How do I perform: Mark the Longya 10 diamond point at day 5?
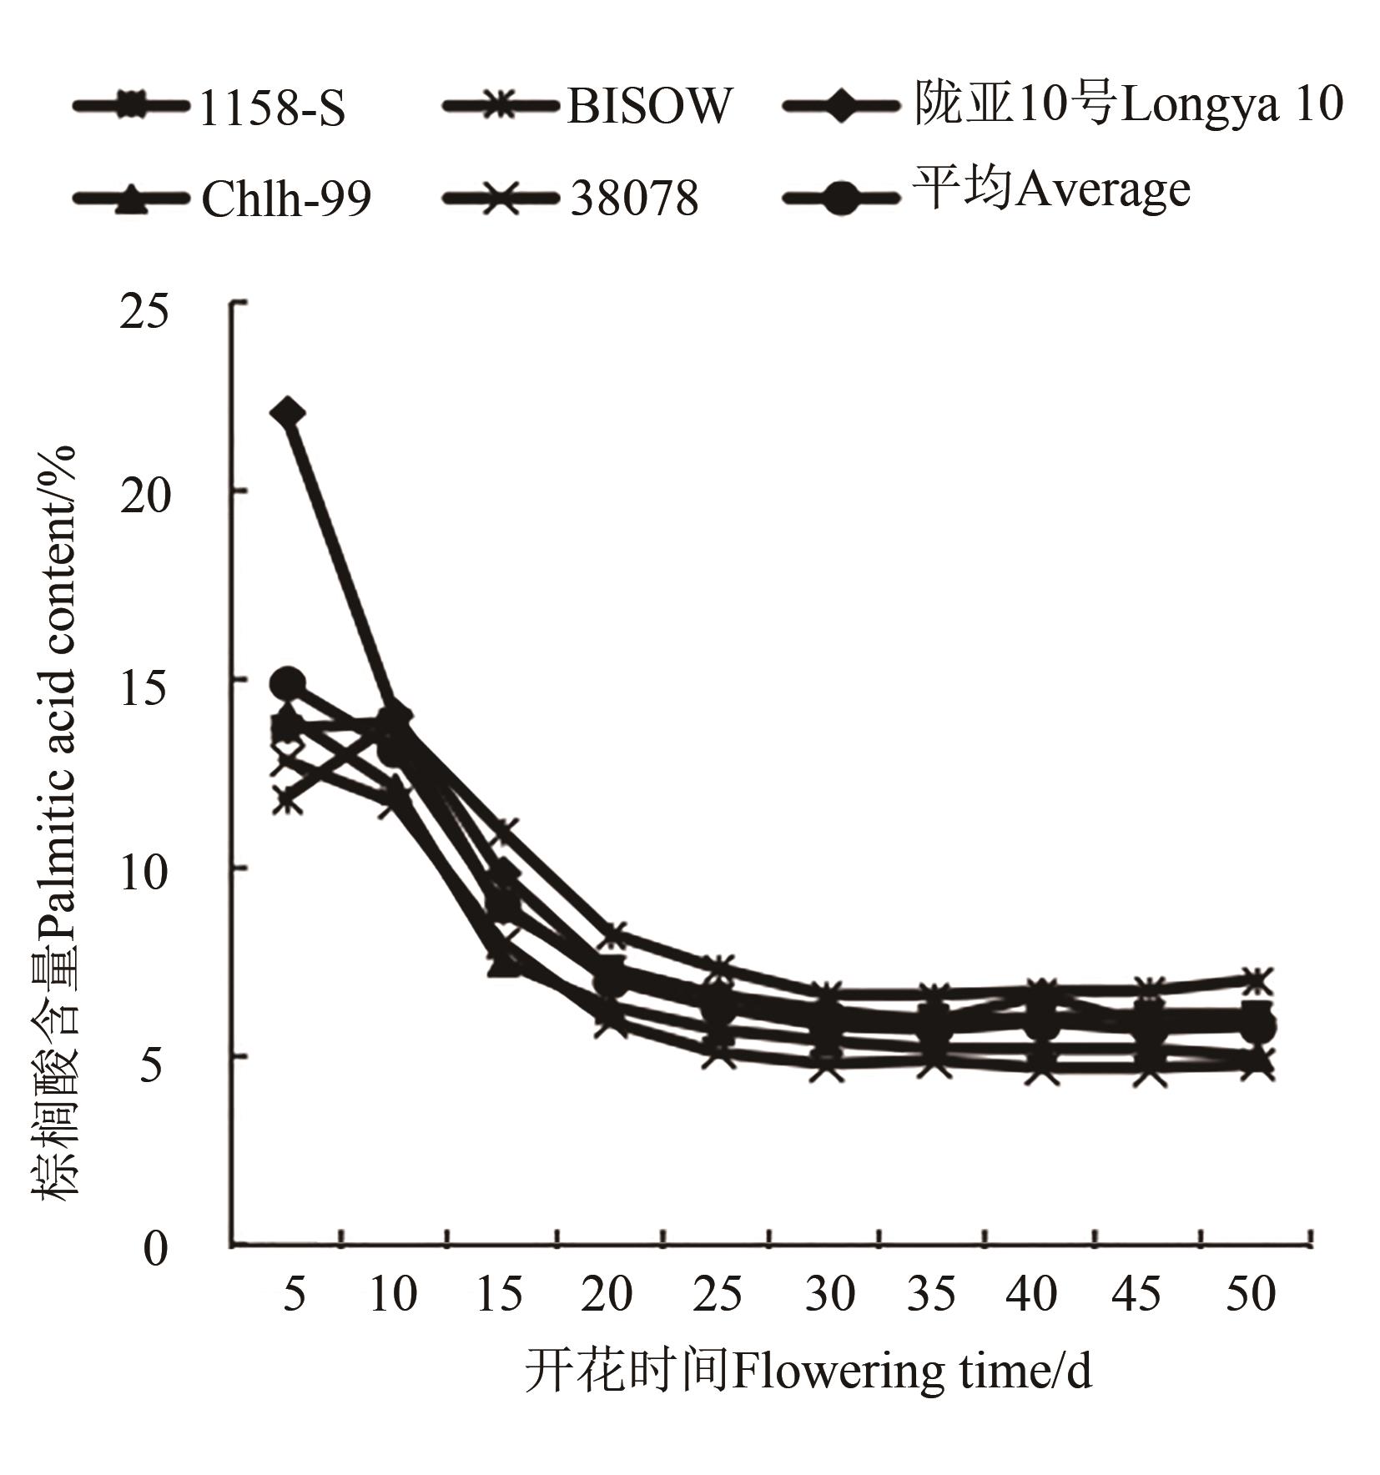pyautogui.click(x=289, y=413)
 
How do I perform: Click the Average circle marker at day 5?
pyautogui.click(x=289, y=683)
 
